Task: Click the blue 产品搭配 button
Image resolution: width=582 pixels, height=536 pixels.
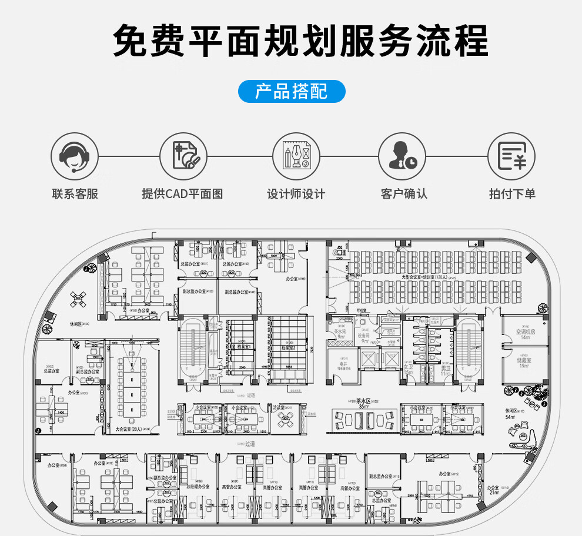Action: tap(292, 92)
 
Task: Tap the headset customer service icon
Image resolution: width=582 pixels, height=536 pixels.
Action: tap(74, 156)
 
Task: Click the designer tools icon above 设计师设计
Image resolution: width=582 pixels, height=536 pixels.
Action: tap(296, 156)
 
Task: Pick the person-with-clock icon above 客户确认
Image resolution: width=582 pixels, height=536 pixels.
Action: tap(402, 156)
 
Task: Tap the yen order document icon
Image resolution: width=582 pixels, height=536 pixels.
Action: tap(511, 156)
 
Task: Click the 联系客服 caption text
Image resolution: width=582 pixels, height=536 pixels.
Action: tap(75, 194)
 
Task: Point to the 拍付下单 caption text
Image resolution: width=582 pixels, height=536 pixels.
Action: tap(512, 194)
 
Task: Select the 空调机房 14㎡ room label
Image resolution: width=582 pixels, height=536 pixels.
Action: tap(524, 334)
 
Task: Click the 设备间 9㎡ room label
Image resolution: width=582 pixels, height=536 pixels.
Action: tap(364, 338)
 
